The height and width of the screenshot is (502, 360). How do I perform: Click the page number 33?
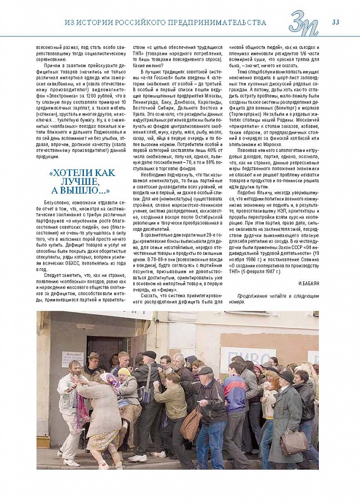336,22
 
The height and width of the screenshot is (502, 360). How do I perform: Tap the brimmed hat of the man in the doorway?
94,355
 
